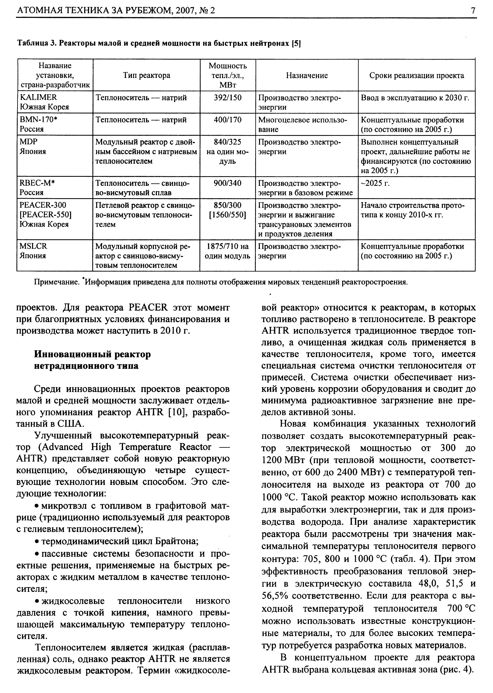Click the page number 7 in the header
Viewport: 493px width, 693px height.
473,11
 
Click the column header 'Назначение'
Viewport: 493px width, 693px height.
307,75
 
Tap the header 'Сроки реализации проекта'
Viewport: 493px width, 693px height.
417,75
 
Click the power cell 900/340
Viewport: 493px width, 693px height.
227,183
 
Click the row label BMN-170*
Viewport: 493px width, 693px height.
38,120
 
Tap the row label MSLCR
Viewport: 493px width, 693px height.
33,246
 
